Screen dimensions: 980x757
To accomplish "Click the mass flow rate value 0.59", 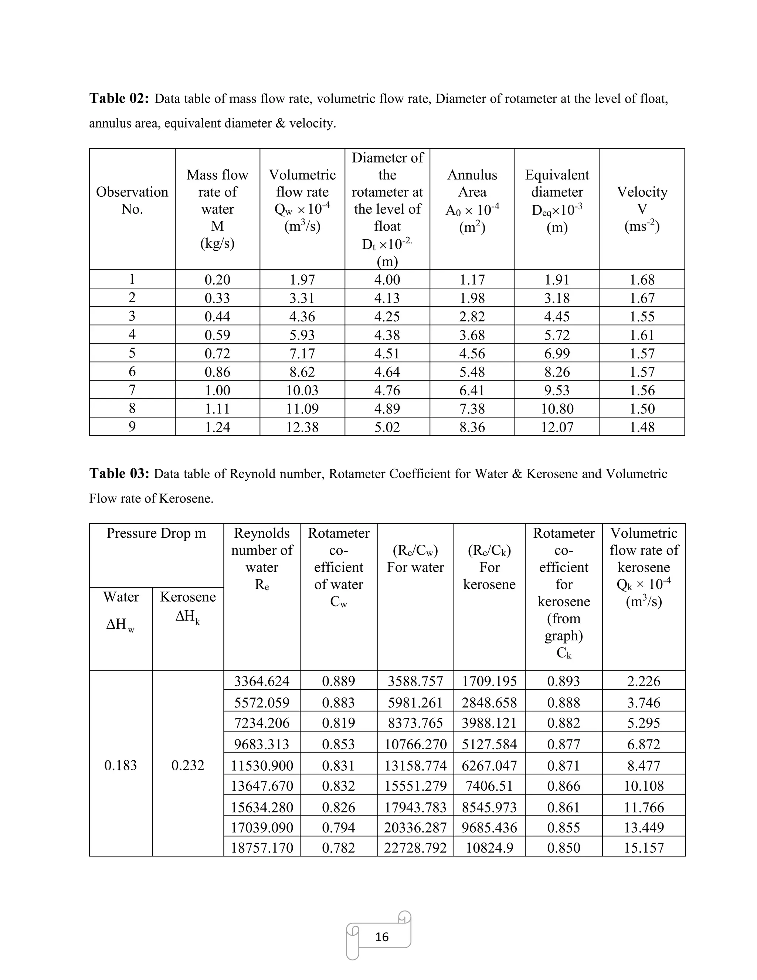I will (217, 335).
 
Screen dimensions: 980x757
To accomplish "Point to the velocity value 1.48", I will (642, 427).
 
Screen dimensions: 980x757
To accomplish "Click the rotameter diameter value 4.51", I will (387, 354).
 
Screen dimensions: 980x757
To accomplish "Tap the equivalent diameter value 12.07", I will (557, 427).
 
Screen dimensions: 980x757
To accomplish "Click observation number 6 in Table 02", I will (132, 372).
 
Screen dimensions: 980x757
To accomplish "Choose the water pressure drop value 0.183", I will (120, 765).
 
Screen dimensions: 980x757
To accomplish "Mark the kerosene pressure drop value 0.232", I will (187, 765).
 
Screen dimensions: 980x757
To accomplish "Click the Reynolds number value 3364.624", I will (262, 681).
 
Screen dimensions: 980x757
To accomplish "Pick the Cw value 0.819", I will (339, 723).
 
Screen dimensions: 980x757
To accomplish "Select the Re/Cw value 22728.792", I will (415, 848).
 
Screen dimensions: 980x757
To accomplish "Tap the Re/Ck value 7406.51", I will (489, 786).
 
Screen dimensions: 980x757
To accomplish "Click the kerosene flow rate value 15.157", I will (644, 848).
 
